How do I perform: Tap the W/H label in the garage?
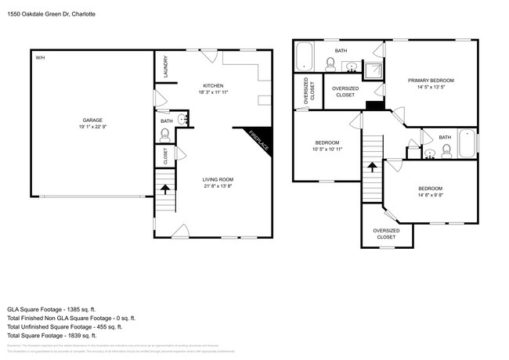(x=39, y=59)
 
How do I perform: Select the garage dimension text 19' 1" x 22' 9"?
(x=92, y=126)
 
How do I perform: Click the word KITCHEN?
(x=213, y=85)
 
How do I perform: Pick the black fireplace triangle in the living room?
(x=262, y=136)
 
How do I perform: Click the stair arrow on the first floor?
(x=164, y=188)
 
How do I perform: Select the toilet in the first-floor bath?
(x=164, y=135)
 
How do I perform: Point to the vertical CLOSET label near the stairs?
(x=165, y=157)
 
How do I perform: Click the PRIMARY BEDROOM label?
(x=430, y=81)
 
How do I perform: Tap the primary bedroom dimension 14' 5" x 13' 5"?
(x=430, y=88)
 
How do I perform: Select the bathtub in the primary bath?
(x=304, y=57)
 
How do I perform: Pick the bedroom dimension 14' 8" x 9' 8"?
(x=430, y=196)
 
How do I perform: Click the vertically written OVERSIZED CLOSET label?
(x=306, y=91)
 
